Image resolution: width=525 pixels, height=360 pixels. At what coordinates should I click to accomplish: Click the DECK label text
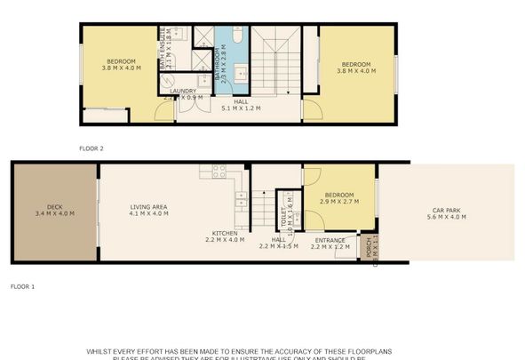click(53, 206)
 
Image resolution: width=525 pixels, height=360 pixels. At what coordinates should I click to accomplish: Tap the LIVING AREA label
click(148, 206)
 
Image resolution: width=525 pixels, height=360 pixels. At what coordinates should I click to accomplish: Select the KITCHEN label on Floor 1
click(223, 232)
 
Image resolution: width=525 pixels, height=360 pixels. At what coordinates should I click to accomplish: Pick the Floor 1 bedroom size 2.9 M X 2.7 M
click(338, 202)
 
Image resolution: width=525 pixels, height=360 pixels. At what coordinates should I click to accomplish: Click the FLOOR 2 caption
click(91, 148)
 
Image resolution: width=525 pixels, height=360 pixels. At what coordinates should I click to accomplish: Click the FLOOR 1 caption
click(21, 287)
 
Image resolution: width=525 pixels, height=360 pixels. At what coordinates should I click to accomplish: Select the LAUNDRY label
click(183, 91)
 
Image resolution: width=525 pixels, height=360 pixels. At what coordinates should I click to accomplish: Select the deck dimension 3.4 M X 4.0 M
click(53, 214)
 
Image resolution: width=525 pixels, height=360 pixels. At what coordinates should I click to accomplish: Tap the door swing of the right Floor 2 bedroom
click(312, 109)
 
